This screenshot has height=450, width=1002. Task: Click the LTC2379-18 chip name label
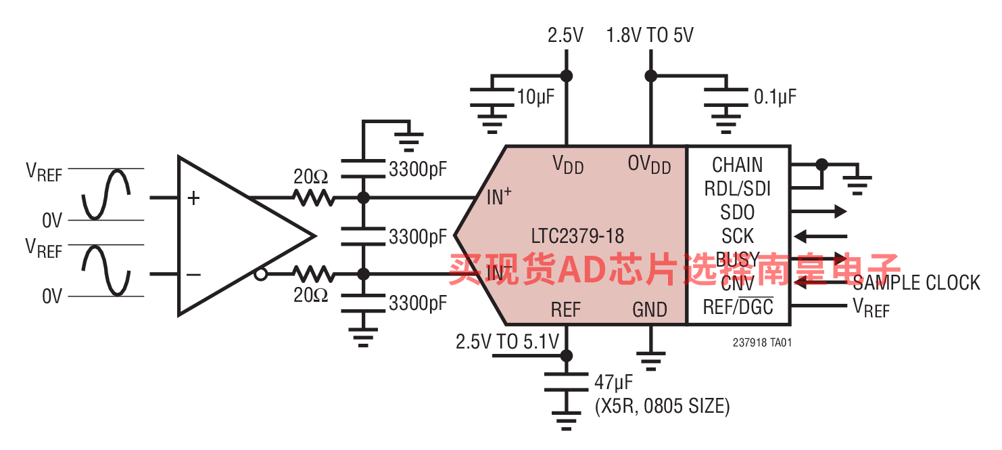click(577, 236)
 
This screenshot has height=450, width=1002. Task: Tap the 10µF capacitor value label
click(535, 97)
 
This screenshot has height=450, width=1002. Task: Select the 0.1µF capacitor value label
click(775, 97)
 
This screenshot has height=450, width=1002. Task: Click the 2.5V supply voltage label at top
click(565, 35)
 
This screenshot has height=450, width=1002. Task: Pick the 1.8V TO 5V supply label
click(650, 35)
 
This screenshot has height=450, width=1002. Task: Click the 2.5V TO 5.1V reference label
click(507, 342)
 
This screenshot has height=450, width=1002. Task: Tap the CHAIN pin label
click(738, 165)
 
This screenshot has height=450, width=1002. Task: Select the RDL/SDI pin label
click(738, 189)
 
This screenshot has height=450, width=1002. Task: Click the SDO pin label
click(738, 212)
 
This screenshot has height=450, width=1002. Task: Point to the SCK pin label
click(738, 236)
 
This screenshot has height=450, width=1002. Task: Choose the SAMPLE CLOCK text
click(916, 283)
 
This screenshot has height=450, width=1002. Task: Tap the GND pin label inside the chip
click(650, 310)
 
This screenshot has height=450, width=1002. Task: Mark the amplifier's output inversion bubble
click(260, 274)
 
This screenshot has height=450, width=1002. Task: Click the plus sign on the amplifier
click(194, 198)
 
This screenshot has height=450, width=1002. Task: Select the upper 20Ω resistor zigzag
click(313, 198)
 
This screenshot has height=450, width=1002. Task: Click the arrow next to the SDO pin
click(819, 212)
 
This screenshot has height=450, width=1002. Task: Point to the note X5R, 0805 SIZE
click(662, 407)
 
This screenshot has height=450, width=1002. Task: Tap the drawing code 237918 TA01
click(762, 343)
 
